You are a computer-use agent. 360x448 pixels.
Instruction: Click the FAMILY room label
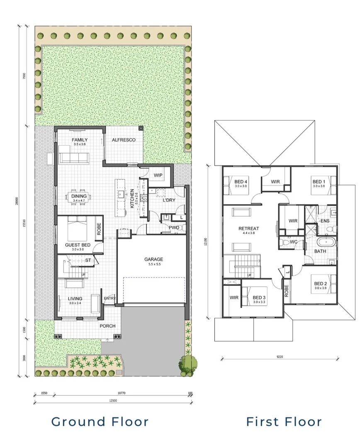coord(79,140)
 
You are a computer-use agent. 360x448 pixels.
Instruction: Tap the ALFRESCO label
coord(124,140)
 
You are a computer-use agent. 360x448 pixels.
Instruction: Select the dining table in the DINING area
coord(79,198)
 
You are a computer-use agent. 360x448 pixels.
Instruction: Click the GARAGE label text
coord(153,260)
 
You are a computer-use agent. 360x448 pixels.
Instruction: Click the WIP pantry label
coord(158,175)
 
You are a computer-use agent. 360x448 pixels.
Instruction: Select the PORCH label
coord(107,326)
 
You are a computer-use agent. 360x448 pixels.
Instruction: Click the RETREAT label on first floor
coord(248,229)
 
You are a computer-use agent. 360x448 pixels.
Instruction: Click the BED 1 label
coord(319,182)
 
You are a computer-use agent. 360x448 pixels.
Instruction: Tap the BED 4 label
coord(241,182)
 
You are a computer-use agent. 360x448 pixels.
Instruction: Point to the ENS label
coord(325,221)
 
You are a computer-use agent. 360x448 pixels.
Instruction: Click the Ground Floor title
coord(100,422)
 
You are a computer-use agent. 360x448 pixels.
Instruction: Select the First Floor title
coord(284,422)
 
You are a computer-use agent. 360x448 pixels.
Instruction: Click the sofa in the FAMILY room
coord(74,158)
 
